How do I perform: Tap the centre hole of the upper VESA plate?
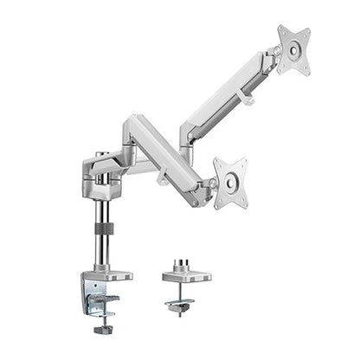(x=295, y=50)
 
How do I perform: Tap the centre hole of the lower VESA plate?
(x=231, y=182)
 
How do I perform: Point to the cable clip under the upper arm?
(x=247, y=100)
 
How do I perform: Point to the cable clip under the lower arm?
(x=163, y=179)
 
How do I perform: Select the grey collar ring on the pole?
(x=104, y=230)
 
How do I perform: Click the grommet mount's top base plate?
(x=186, y=276)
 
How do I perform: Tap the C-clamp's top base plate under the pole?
(x=108, y=276)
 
